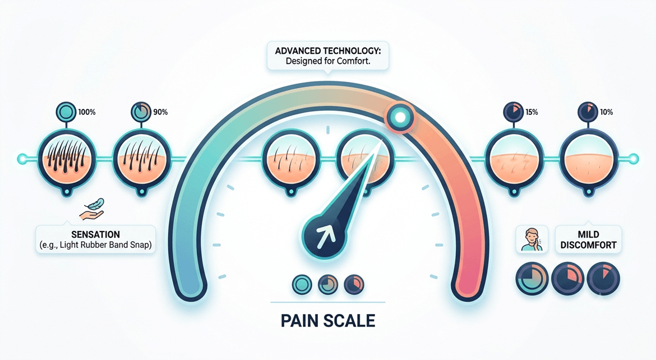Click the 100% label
tap(86, 112)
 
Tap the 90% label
tap(160, 112)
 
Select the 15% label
tap(532, 112)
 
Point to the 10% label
tap(606, 112)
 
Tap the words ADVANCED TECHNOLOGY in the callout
tap(327, 51)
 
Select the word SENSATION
tap(95, 234)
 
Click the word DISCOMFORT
tap(588, 245)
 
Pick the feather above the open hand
tap(95, 205)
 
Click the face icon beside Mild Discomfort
tap(532, 239)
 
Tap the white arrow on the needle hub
tap(326, 237)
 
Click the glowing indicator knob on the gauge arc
tap(400, 117)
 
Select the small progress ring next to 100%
tap(66, 112)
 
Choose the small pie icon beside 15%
tap(512, 112)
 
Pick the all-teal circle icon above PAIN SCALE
tap(302, 285)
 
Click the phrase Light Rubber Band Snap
tap(105, 245)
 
